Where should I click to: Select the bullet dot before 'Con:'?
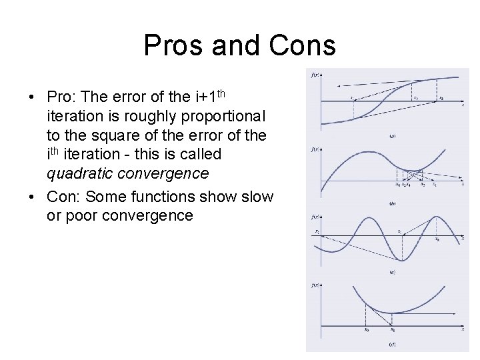pos(31,197)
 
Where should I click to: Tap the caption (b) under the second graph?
pos(393,203)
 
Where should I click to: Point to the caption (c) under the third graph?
pos(393,272)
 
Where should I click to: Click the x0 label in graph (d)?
pos(366,329)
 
